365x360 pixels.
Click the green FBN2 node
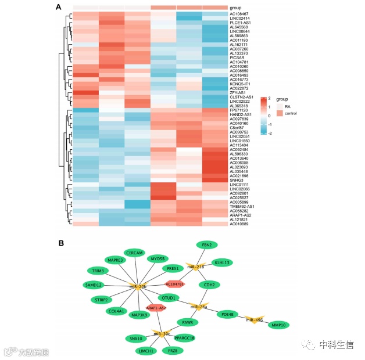(x=207, y=245)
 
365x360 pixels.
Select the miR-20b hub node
(x=138, y=286)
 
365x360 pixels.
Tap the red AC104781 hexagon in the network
(x=175, y=284)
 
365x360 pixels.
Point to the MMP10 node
(x=277, y=325)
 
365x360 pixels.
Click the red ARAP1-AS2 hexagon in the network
(x=156, y=308)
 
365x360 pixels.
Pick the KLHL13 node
(x=222, y=262)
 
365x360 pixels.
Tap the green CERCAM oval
(x=135, y=253)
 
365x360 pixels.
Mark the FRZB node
(x=173, y=350)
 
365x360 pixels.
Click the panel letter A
(x=59, y=7)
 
